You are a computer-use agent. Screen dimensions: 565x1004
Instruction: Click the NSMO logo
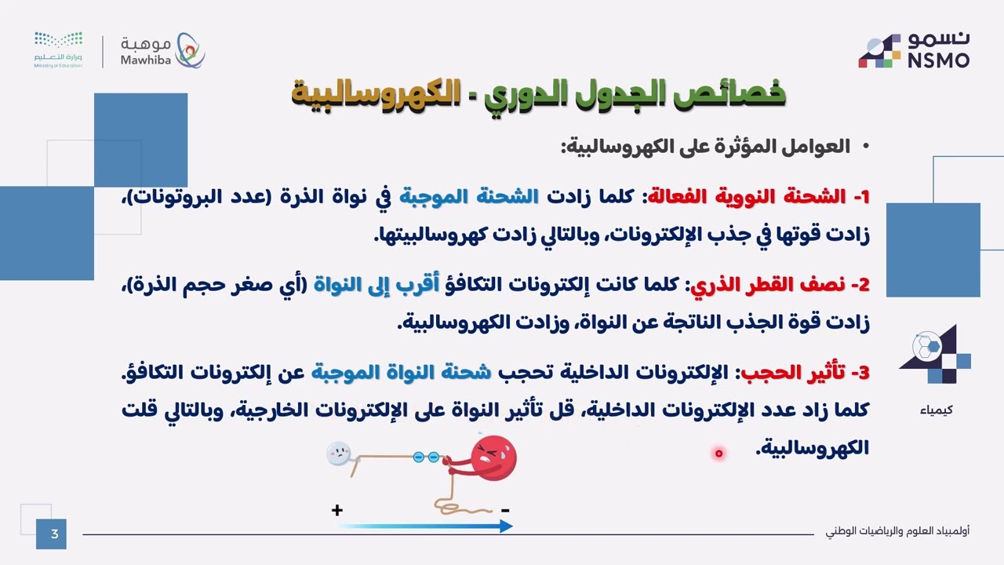coord(914,50)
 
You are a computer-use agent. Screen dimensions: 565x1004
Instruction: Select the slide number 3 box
coord(54,534)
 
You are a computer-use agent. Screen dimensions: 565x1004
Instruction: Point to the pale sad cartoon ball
coord(338,454)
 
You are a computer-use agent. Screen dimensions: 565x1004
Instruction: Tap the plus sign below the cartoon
coord(337,510)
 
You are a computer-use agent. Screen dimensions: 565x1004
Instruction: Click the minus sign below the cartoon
coord(505,510)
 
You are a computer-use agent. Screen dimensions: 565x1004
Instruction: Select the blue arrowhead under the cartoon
coord(505,527)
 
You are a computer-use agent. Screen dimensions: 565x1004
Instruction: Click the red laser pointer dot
coord(718,453)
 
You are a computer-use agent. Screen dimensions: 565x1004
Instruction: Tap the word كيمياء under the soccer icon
coord(937,410)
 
